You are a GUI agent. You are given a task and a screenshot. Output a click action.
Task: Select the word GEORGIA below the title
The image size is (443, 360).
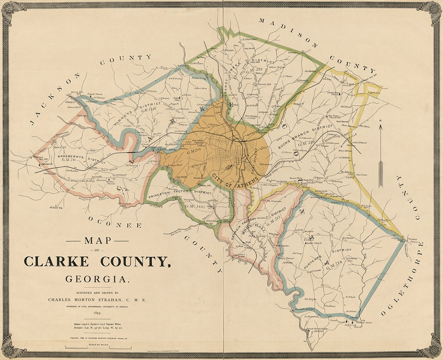pyautogui.click(x=97, y=279)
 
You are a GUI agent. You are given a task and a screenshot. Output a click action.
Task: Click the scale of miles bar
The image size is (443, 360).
pyautogui.click(x=98, y=348)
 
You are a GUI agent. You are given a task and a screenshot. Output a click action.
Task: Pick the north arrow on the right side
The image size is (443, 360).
pyautogui.click(x=380, y=152)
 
